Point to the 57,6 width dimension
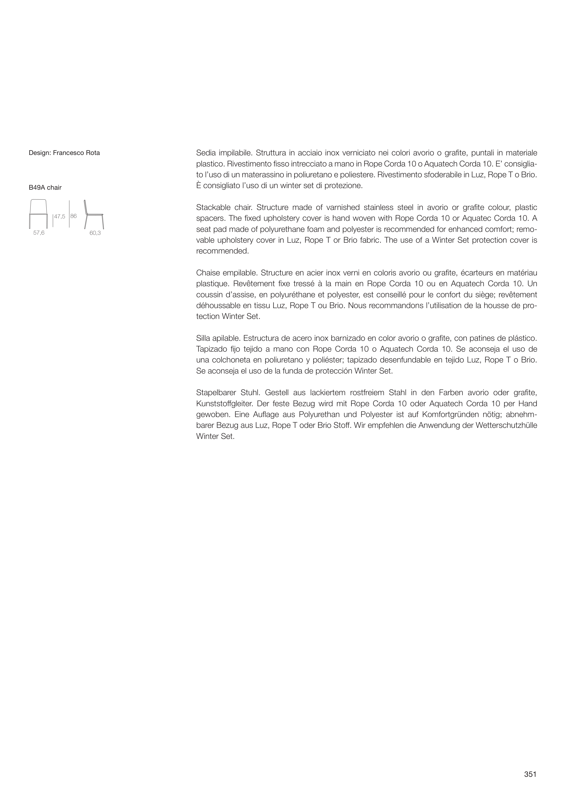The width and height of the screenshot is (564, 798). pyautogui.click(x=39, y=233)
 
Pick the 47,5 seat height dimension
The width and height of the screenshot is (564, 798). pyautogui.click(x=60, y=217)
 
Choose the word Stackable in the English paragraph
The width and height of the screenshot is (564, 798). pyautogui.click(x=212, y=208)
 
